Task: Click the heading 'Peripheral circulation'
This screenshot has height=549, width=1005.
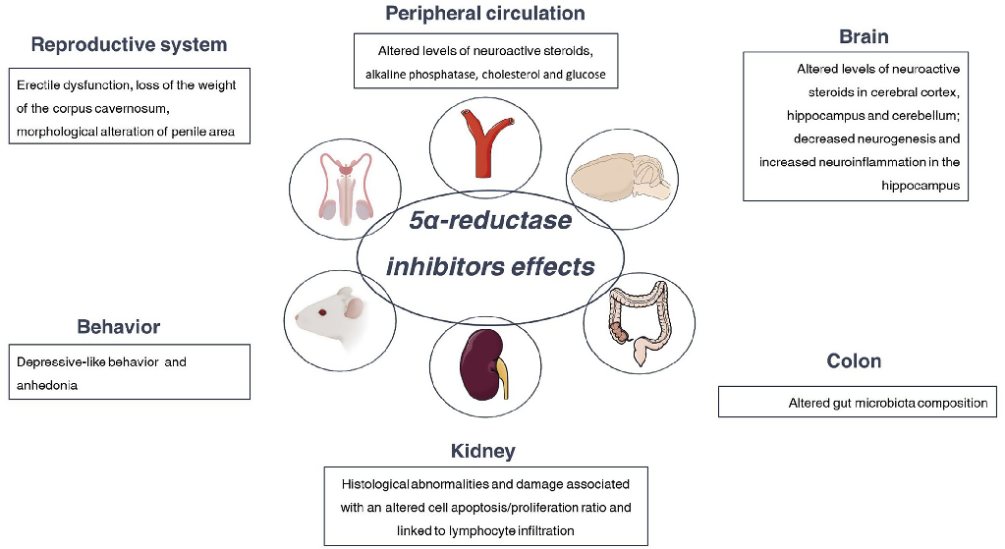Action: pos(484,14)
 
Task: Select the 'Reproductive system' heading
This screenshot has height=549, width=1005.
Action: pos(129,45)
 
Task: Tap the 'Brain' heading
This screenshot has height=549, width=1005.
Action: pos(864,37)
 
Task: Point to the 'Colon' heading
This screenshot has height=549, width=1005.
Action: pos(854,361)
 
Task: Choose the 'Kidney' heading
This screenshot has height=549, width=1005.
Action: pos(482,452)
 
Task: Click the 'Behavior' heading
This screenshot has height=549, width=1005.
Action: pos(118,327)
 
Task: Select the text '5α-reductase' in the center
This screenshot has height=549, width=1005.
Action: pos(490,221)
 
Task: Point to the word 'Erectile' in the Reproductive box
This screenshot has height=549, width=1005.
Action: pos(40,85)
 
